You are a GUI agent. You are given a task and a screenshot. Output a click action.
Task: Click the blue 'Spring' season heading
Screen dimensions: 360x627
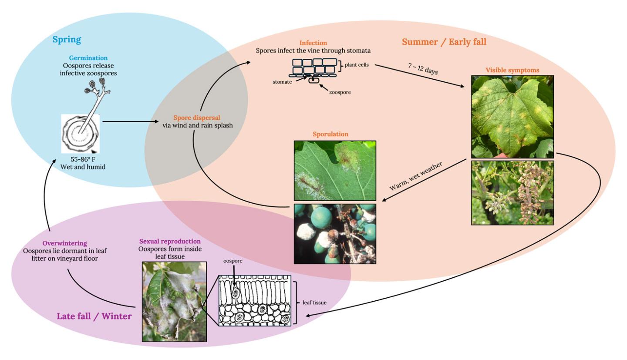[67, 40]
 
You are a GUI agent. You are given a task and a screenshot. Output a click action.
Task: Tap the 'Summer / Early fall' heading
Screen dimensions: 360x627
[444, 42]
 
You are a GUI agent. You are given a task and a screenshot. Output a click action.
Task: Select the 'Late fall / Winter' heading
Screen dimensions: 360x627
[94, 316]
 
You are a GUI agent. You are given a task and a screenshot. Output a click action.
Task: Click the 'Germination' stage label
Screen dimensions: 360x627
[88, 58]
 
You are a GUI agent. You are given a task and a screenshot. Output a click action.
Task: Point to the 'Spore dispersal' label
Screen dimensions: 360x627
[197, 118]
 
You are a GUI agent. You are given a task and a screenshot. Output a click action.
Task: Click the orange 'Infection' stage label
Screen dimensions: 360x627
[313, 43]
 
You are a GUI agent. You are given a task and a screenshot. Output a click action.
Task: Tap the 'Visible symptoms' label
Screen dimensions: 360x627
[512, 70]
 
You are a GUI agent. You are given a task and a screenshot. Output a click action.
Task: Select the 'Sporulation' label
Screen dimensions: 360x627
[330, 134]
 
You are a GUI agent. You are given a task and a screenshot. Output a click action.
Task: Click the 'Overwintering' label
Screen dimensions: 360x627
[64, 243]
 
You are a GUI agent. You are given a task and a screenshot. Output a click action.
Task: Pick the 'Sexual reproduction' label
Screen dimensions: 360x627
[170, 241]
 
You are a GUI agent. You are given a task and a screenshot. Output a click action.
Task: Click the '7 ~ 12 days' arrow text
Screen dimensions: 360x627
[423, 69]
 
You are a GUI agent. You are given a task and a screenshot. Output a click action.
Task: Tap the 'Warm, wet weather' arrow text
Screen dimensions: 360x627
[416, 176]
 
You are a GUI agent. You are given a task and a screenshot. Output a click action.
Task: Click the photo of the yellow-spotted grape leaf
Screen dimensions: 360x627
[512, 116]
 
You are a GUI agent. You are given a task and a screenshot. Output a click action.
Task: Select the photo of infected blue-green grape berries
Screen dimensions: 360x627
[335, 234]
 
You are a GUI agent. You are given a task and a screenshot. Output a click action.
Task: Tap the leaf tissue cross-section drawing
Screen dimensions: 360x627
[254, 300]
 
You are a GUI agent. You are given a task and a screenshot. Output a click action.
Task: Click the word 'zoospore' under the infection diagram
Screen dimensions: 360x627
[340, 92]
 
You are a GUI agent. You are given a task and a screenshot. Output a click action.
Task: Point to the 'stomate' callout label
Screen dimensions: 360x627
[282, 82]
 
